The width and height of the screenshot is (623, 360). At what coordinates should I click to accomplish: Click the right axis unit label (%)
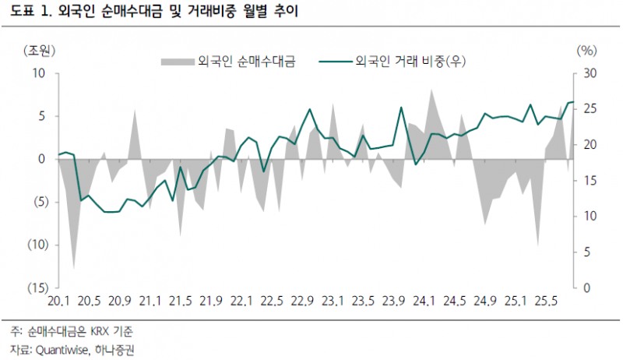(586, 51)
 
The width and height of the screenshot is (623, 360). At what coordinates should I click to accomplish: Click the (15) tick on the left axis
(37, 288)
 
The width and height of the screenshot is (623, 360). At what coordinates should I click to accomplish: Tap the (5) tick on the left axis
(40, 202)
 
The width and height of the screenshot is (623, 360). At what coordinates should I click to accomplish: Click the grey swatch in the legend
(177, 60)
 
